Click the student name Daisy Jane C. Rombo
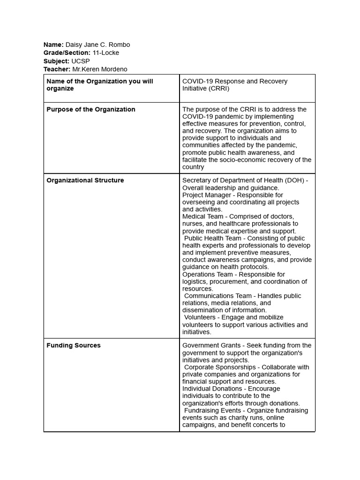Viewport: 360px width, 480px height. point(97,45)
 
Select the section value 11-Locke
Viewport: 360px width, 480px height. point(105,52)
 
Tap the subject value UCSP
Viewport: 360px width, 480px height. point(80,61)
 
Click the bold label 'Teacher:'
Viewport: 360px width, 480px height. point(57,69)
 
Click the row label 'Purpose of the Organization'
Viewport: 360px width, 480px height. point(91,109)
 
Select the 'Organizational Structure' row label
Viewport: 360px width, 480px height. point(85,180)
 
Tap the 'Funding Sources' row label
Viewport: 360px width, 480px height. point(74,345)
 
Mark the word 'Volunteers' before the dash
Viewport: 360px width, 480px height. point(200,317)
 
